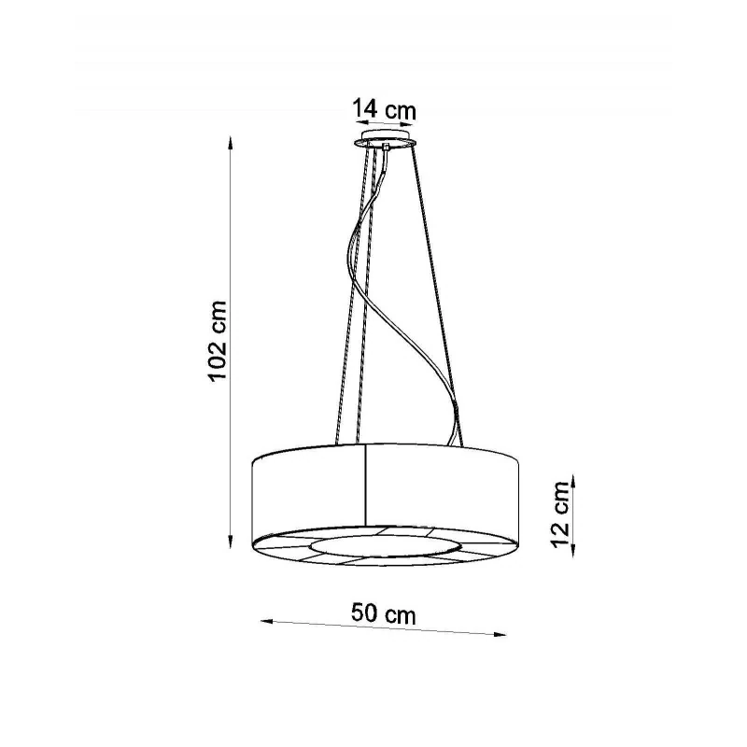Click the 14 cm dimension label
coord(384,109)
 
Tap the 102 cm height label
coord(218,340)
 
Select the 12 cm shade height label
coord(561,514)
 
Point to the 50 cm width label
coord(384,613)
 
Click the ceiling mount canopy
coord(386,138)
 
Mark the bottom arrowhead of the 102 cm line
coord(231,542)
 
